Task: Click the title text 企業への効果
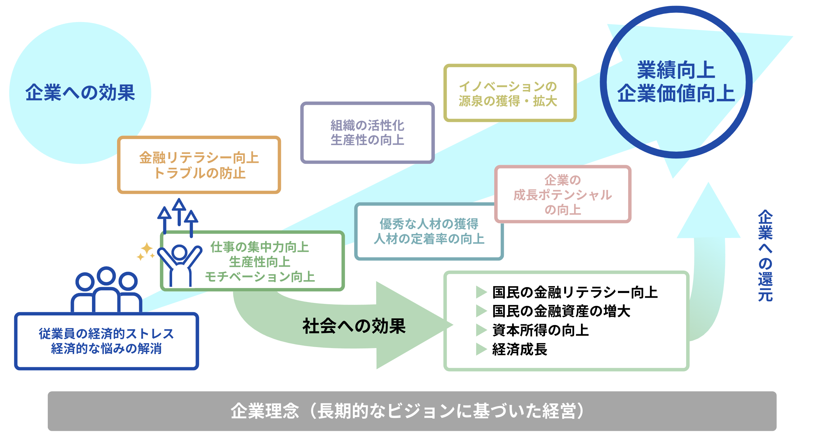pos(80,93)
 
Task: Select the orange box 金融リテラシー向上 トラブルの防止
pos(199,165)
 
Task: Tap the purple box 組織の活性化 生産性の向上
pos(367,133)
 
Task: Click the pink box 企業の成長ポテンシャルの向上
pos(563,195)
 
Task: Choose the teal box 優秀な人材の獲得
pos(429,231)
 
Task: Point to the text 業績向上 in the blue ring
pos(676,70)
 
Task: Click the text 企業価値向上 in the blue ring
pos(676,93)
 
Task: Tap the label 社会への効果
pos(354,326)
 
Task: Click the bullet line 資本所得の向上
pos(540,330)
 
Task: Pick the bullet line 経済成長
pos(520,349)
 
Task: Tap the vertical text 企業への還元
pos(765,255)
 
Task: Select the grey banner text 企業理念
pos(265,411)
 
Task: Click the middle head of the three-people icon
pos(106,276)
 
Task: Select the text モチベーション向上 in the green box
pos(260,277)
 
